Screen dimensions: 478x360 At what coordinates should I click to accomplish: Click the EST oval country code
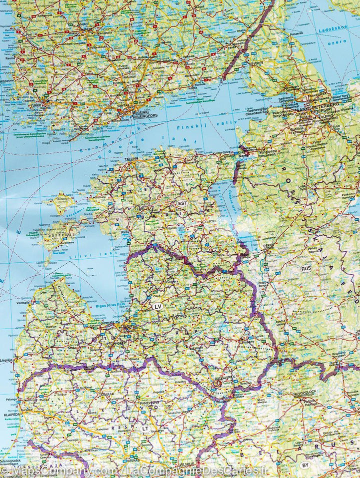pyautogui.click(x=182, y=203)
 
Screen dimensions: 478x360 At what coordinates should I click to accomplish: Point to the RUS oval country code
pyautogui.click(x=306, y=268)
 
